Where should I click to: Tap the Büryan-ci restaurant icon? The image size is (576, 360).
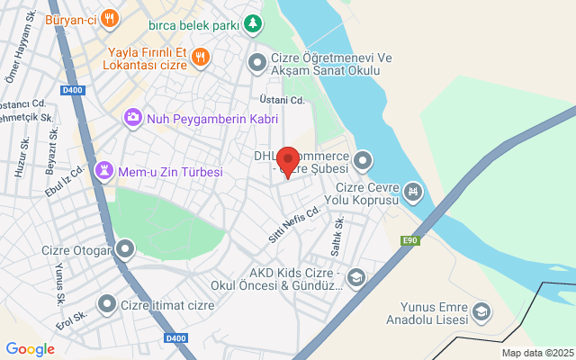coord(109,17)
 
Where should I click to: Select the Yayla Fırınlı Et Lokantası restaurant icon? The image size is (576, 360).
coord(200,56)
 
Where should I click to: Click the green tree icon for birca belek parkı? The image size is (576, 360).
coord(256,22)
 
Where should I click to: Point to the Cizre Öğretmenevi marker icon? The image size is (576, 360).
coord(256,62)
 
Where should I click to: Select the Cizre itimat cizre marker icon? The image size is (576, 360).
coord(107,305)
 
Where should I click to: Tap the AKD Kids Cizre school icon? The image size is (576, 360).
coord(356,278)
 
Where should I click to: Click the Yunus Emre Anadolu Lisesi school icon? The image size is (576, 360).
coord(482,311)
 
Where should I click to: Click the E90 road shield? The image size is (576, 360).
coord(411,239)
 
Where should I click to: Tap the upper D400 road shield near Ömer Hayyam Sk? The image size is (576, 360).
coord(73,89)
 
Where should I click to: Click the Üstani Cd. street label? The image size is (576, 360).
coord(283,100)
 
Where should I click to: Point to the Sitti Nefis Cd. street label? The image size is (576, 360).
coord(294,225)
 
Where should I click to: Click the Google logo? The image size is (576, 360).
coord(30,349)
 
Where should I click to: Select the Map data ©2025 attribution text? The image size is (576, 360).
coord(537,353)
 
